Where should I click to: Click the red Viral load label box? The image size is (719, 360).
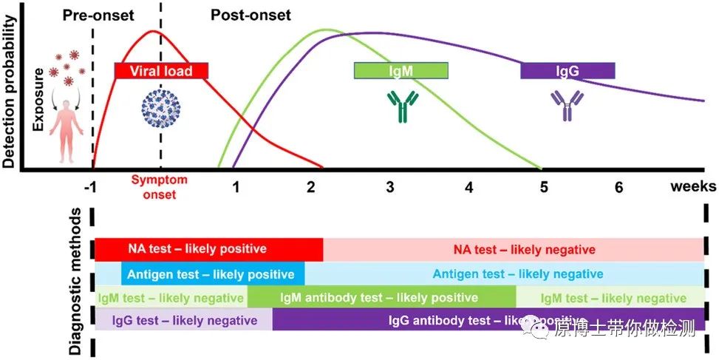tap(161, 71)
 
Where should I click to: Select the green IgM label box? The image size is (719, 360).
tap(401, 71)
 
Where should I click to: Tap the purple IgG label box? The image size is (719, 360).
tap(567, 71)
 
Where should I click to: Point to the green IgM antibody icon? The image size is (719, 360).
tap(403, 106)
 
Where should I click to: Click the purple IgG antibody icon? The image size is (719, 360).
tap(566, 106)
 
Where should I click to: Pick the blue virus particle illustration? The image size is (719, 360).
tap(160, 109)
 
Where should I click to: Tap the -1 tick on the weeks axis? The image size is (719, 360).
tap(91, 187)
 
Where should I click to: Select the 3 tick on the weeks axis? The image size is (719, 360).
tap(389, 187)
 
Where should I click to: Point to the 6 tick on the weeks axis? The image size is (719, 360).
tap(619, 187)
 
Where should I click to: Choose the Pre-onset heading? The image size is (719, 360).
tap(94, 15)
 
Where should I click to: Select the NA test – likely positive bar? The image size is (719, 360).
tap(208, 249)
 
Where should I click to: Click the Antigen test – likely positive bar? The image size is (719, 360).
tap(213, 274)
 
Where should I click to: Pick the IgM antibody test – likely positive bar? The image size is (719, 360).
tap(381, 298)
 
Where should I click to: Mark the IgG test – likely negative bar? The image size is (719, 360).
tap(183, 320)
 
